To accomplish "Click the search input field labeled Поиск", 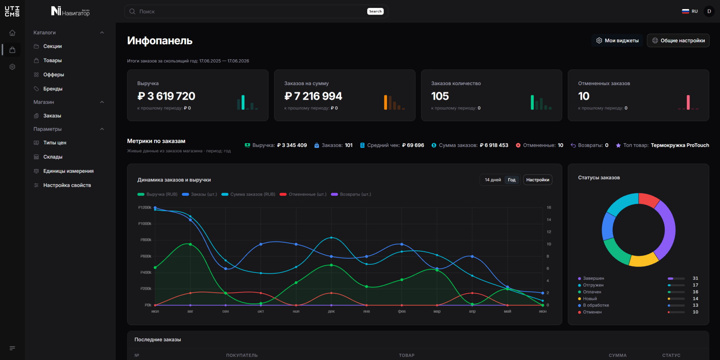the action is [251, 12].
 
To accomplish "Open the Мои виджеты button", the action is [617, 40].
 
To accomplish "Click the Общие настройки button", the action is [678, 40].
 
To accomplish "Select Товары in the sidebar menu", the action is [52, 60].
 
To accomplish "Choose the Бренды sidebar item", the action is [53, 89].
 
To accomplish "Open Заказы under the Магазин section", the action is [52, 116].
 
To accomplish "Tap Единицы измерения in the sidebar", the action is [68, 171].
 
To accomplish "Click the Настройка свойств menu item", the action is [67, 185].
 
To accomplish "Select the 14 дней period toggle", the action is [493, 180].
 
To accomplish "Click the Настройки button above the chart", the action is [537, 180].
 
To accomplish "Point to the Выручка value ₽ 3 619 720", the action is [166, 96].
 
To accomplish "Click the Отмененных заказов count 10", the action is [584, 96].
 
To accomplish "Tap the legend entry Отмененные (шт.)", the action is [303, 194].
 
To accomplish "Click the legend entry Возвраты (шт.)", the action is [351, 194].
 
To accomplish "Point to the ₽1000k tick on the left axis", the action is [145, 224].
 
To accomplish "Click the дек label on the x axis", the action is [331, 311].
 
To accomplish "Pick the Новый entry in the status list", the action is [590, 299].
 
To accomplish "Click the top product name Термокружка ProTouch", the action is [680, 145].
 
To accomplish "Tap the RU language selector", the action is [690, 11].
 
